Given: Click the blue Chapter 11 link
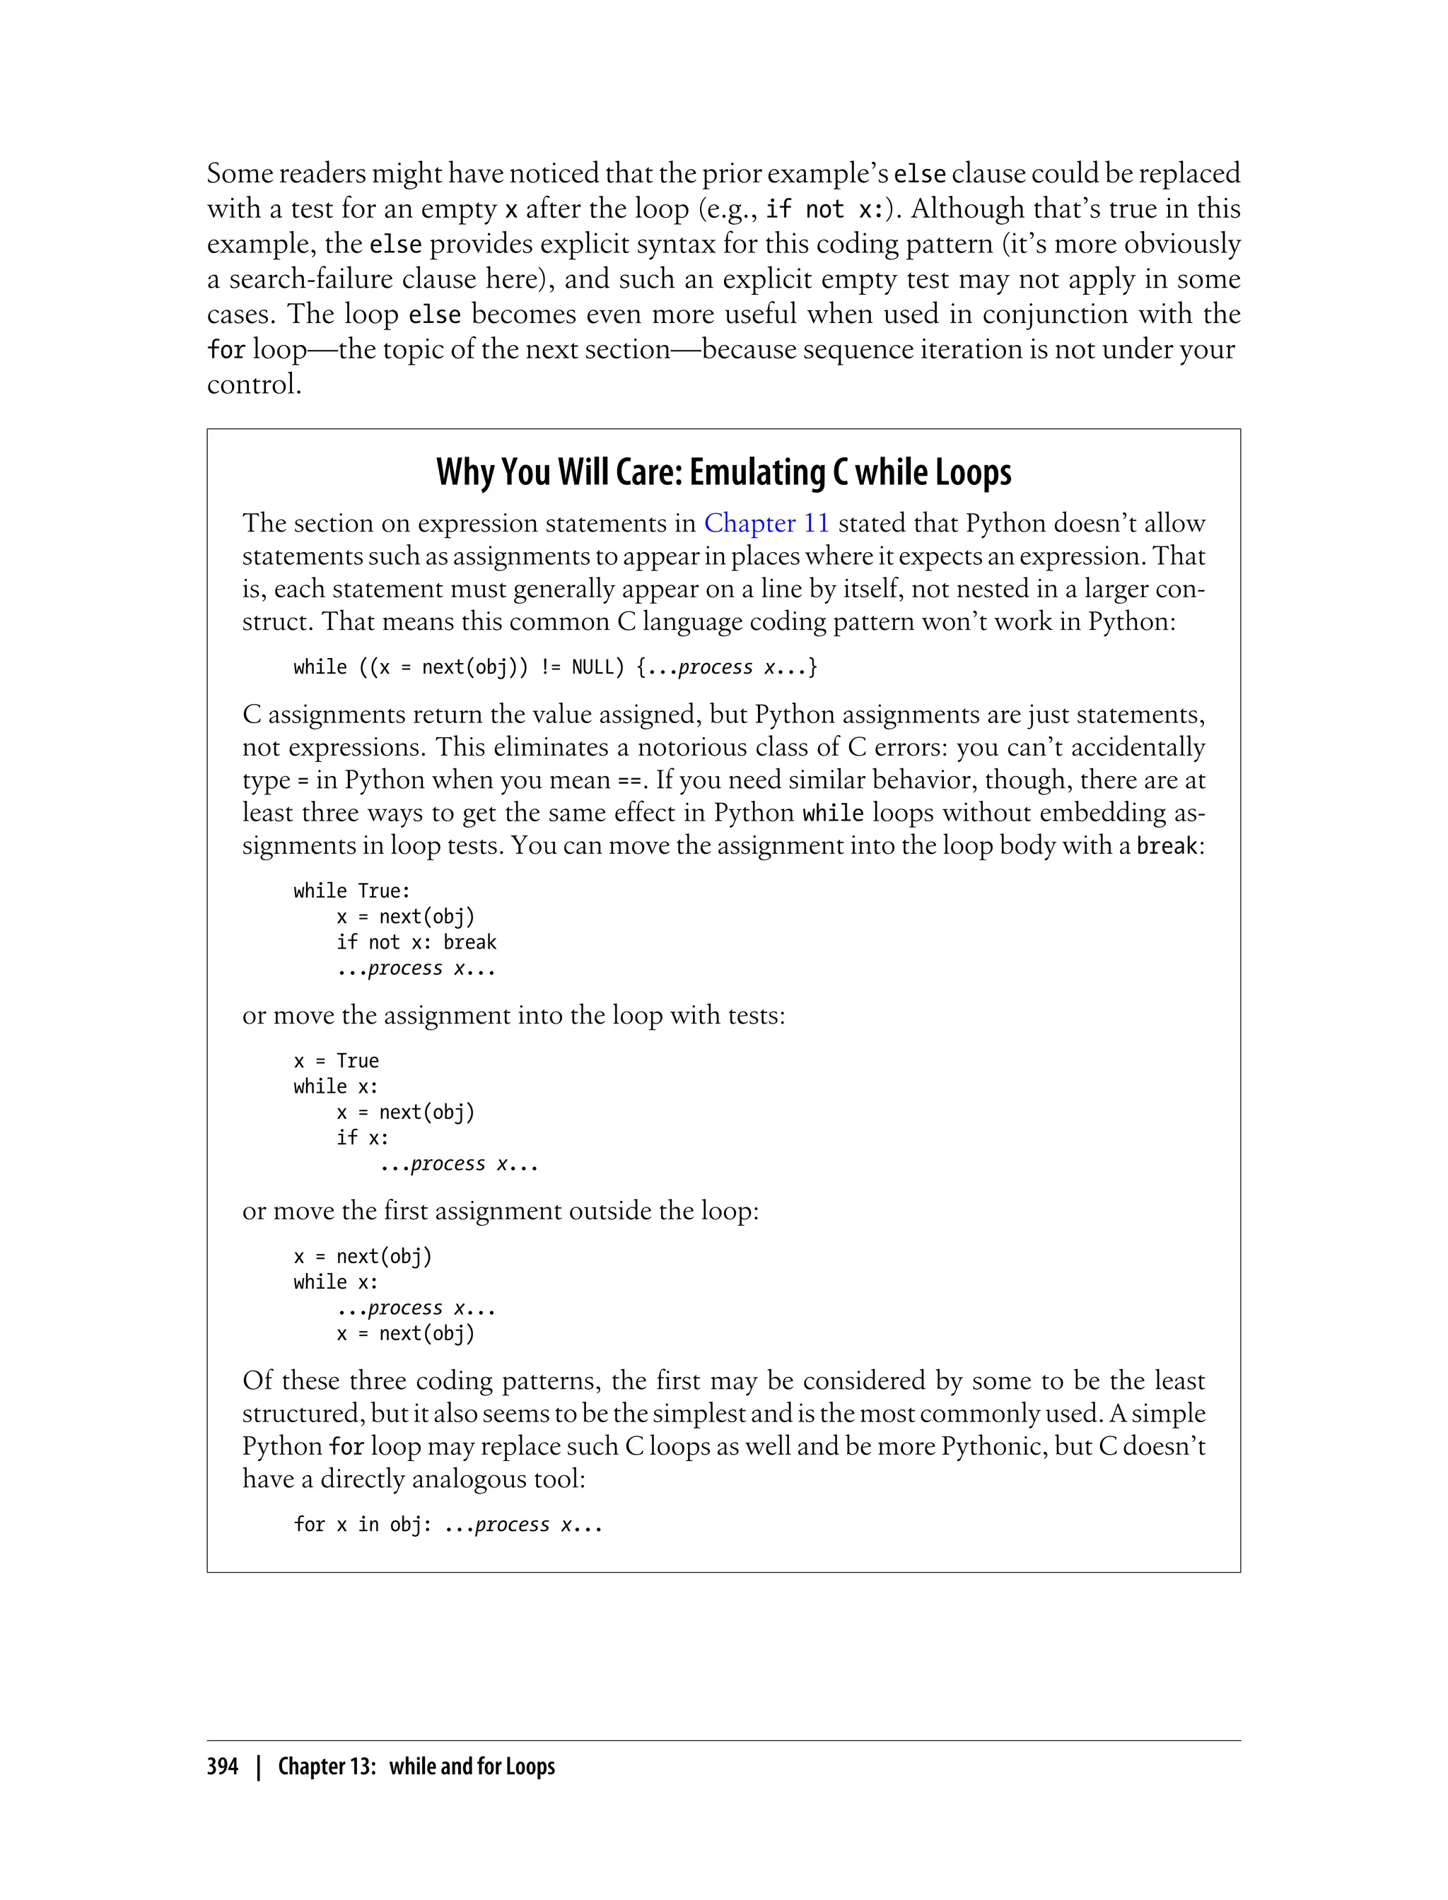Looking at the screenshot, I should click(x=766, y=523).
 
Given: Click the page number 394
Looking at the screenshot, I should click(x=223, y=1766).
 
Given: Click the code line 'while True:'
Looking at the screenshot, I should click(x=351, y=891).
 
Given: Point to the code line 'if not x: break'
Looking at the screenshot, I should click(x=416, y=942).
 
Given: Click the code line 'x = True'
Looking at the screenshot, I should click(x=336, y=1061).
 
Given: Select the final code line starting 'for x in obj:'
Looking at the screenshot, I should click(x=448, y=1524).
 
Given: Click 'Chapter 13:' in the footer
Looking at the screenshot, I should click(x=327, y=1766).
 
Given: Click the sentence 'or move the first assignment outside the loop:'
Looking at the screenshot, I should click(x=500, y=1211).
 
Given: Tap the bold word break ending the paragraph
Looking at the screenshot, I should click(x=1166, y=846).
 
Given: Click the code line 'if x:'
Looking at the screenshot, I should click(x=362, y=1137).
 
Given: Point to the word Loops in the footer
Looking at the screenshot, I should click(x=530, y=1766).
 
